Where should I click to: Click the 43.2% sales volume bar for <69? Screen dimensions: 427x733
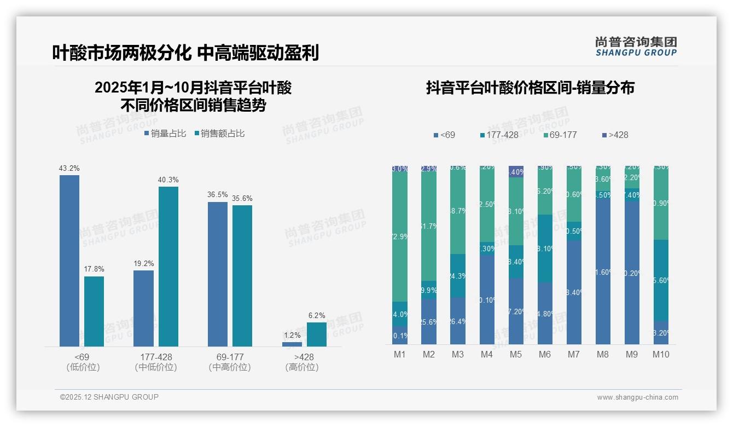(x=69, y=261)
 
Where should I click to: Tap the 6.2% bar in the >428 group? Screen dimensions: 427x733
(x=316, y=334)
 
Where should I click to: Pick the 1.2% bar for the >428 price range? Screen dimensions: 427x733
(x=292, y=344)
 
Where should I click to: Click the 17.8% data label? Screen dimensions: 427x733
(x=94, y=269)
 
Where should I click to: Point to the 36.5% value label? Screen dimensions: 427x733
(x=218, y=195)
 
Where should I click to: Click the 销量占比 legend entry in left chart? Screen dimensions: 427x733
(x=165, y=134)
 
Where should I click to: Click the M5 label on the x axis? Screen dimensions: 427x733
(x=515, y=355)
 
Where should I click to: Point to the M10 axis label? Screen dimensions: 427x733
(x=660, y=355)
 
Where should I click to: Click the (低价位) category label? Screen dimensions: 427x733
(x=83, y=367)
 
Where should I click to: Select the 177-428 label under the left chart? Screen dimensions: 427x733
(x=156, y=357)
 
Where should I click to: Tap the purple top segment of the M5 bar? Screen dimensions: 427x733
(x=516, y=171)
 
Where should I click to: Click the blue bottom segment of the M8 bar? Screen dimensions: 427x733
(x=603, y=272)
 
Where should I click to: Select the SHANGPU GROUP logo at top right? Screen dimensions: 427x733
(x=636, y=46)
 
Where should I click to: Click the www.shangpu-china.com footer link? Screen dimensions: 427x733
(x=637, y=397)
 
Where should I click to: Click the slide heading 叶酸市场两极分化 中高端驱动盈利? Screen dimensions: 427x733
(x=185, y=53)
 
